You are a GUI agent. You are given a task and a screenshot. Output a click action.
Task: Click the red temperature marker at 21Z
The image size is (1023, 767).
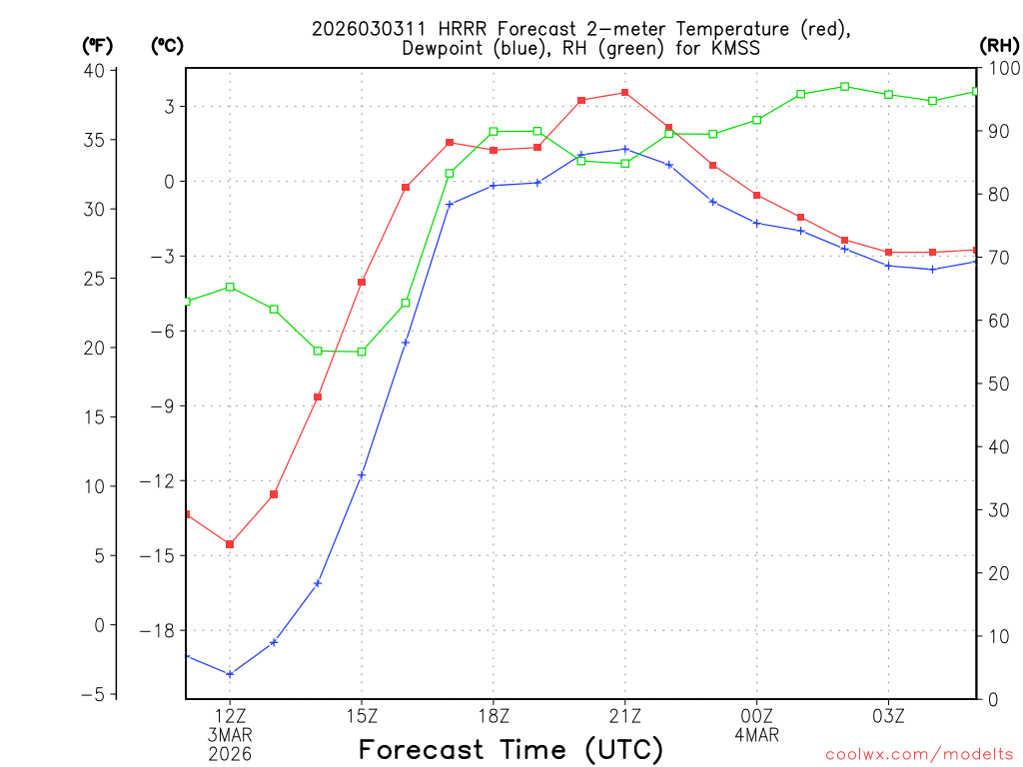tap(625, 93)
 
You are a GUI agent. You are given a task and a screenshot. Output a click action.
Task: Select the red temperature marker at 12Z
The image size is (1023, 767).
tap(230, 544)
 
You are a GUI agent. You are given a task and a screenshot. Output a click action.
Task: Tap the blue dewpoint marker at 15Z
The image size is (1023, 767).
tap(362, 475)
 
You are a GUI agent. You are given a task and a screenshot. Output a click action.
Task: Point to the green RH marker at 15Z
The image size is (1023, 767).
tap(362, 352)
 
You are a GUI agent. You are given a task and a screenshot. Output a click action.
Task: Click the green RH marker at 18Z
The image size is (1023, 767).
tap(494, 132)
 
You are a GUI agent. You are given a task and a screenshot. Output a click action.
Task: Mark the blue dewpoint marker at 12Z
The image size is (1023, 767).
tap(230, 674)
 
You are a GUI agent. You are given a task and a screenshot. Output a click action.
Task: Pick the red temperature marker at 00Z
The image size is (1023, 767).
tap(757, 195)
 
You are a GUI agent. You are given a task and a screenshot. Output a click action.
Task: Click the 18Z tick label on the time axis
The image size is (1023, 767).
tap(494, 716)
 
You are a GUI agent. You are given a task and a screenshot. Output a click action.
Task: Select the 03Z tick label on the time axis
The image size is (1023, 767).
tap(888, 716)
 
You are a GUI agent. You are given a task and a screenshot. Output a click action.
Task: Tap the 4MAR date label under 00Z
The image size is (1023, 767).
tap(757, 735)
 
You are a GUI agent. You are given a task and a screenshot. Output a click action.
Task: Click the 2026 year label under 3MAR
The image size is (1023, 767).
tap(230, 754)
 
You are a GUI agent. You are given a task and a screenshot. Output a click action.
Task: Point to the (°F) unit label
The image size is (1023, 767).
tap(98, 45)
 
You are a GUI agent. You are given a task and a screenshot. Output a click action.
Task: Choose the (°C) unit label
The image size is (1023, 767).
tap(167, 45)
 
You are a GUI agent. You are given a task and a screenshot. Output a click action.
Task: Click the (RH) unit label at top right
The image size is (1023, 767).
tap(999, 45)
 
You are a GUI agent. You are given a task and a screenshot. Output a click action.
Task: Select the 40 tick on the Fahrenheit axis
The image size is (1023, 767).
tap(95, 70)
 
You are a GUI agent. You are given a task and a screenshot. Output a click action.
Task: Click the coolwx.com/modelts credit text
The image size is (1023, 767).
tap(919, 754)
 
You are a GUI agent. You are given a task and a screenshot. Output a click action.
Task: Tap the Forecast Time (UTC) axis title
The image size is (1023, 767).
tap(511, 749)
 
